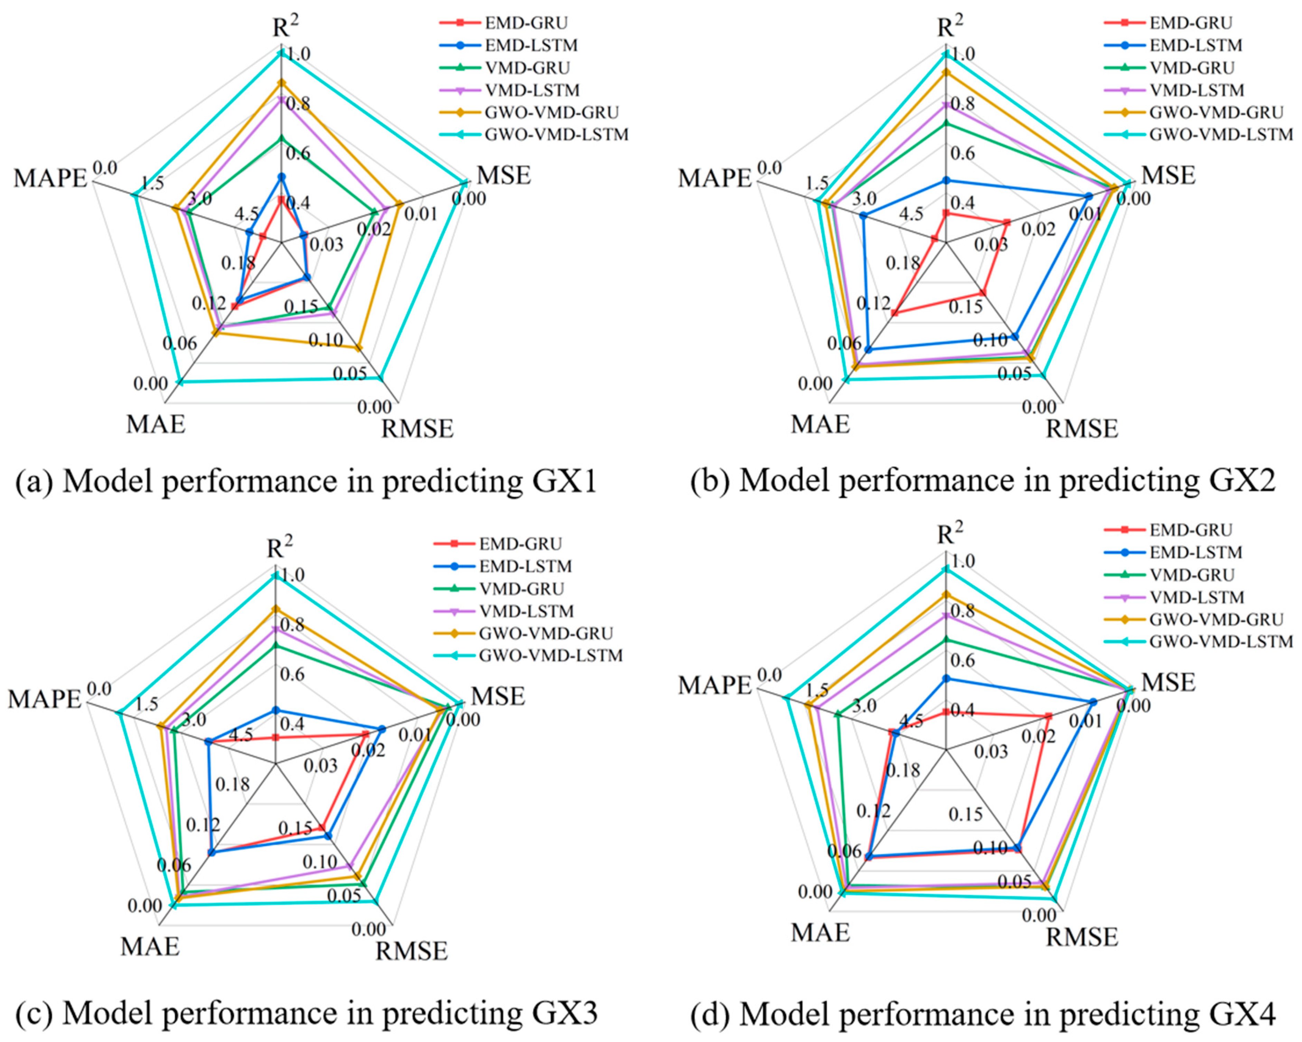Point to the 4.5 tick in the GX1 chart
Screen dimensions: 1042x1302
coord(246,214)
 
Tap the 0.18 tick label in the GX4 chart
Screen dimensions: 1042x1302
coord(903,770)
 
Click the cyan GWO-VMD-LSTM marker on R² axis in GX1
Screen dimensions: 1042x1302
coord(280,54)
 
